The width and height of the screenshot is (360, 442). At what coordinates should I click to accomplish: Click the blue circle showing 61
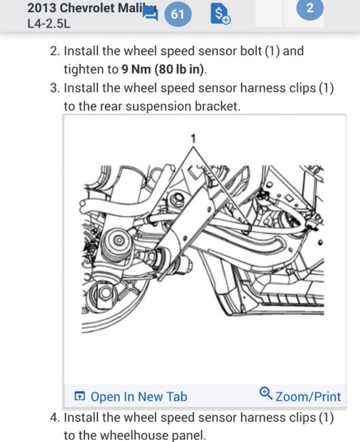pyautogui.click(x=177, y=14)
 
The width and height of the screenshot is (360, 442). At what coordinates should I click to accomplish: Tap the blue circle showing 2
pyautogui.click(x=310, y=8)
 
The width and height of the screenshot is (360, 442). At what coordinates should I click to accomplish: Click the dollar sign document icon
pyautogui.click(x=220, y=14)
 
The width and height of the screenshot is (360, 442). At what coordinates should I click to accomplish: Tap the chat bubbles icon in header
pyautogui.click(x=150, y=14)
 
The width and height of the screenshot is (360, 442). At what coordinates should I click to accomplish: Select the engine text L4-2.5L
pyautogui.click(x=48, y=24)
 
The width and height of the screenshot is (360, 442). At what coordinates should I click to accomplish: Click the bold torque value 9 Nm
pyautogui.click(x=136, y=69)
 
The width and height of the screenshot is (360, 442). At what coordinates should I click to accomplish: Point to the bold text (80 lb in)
pyautogui.click(x=180, y=69)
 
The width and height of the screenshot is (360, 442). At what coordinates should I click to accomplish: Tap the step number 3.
pyautogui.click(x=54, y=88)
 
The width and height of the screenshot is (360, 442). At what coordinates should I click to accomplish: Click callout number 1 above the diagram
pyautogui.click(x=193, y=139)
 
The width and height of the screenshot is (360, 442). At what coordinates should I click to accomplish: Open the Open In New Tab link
pyautogui.click(x=139, y=396)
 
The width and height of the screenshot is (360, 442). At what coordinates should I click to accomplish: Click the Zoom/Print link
pyautogui.click(x=308, y=396)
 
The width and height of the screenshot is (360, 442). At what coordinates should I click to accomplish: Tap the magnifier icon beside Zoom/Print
pyautogui.click(x=266, y=393)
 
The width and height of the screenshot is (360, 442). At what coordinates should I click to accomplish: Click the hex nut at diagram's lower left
pyautogui.click(x=105, y=292)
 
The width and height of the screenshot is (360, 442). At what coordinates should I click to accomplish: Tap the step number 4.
pyautogui.click(x=54, y=418)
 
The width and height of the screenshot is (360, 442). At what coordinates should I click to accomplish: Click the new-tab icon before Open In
pyautogui.click(x=79, y=396)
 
